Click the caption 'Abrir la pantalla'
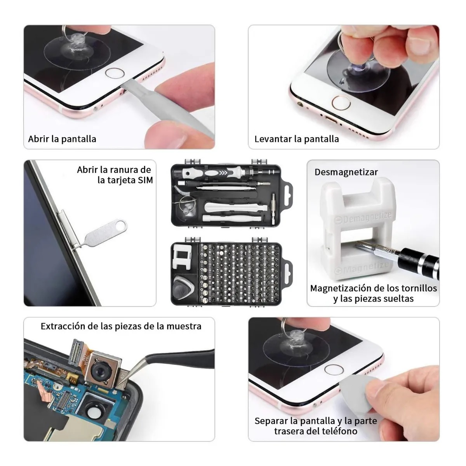tap(62, 139)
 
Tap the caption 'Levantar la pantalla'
tap(296, 139)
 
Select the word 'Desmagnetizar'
tap(346, 172)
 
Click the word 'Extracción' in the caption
tap(63, 326)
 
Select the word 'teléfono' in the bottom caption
tap(337, 431)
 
